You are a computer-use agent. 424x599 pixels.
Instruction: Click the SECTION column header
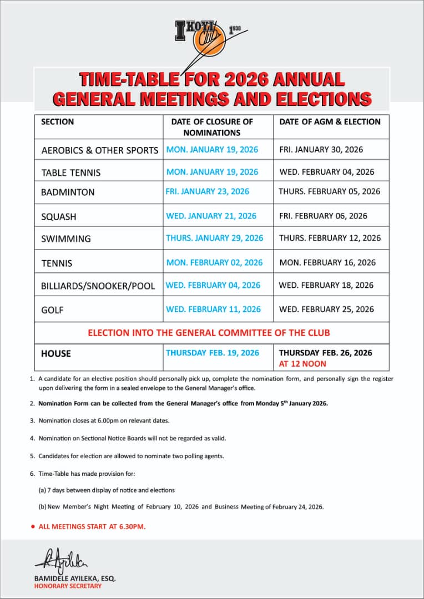pos(57,121)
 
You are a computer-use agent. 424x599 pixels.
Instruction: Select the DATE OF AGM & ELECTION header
pos(330,121)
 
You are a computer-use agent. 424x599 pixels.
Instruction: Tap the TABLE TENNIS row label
pos(71,172)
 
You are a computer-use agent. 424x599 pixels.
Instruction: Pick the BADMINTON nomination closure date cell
pos(208,191)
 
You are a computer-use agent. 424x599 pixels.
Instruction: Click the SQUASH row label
pos(59,216)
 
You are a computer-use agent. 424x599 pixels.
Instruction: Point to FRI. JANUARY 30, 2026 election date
pos(321,150)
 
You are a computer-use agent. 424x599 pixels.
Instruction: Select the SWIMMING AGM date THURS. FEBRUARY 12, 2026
pos(330,238)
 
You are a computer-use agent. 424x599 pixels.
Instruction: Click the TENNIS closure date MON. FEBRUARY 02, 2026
pos(214,262)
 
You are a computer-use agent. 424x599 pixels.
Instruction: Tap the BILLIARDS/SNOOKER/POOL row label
pos(98,286)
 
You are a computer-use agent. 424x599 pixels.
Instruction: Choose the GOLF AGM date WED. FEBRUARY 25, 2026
pos(326,309)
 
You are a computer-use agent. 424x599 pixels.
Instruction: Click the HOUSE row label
pos(56,353)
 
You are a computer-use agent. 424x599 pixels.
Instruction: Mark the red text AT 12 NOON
pos(302,364)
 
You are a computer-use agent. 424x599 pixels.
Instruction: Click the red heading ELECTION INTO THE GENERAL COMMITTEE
pos(209,333)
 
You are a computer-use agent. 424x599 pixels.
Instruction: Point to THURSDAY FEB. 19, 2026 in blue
pos(213,353)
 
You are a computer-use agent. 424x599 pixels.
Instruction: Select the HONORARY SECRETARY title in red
pos(68,586)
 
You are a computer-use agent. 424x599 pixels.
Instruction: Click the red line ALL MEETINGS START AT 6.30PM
pos(92,526)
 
